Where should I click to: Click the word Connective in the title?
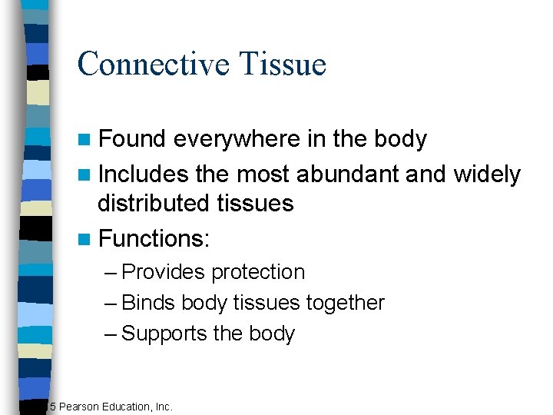(152, 64)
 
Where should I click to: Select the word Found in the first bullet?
(132, 139)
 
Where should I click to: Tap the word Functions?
(154, 239)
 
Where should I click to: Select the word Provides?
(164, 272)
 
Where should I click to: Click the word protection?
(258, 272)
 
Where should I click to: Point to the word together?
(346, 303)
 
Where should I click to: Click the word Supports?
(165, 334)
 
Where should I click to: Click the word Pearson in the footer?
(81, 406)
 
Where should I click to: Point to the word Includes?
(144, 174)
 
